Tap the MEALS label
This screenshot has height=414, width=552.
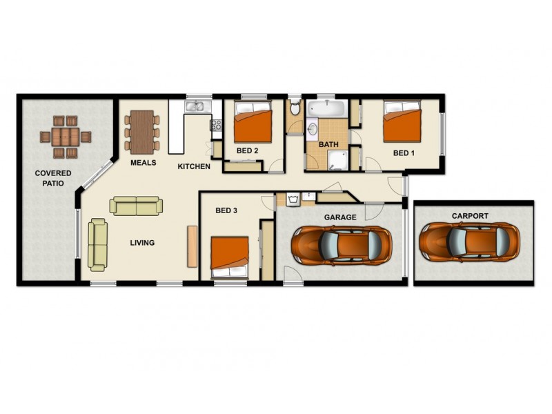(x=143, y=163)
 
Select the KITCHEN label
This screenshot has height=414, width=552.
(x=194, y=166)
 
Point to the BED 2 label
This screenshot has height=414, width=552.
(x=247, y=150)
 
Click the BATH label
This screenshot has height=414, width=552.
(x=328, y=144)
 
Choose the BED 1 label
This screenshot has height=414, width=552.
(x=404, y=152)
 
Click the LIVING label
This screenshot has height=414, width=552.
(x=142, y=243)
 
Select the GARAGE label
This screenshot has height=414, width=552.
(x=340, y=217)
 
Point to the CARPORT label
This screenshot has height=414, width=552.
(x=469, y=216)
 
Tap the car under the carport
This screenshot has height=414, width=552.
(x=469, y=241)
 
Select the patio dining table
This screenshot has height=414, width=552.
(x=66, y=136)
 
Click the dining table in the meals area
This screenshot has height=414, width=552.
(x=141, y=132)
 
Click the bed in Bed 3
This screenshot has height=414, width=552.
(x=230, y=257)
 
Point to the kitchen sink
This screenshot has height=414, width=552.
(x=197, y=106)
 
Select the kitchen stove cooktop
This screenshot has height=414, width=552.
(x=216, y=126)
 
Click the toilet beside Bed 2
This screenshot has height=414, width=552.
(x=295, y=107)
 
